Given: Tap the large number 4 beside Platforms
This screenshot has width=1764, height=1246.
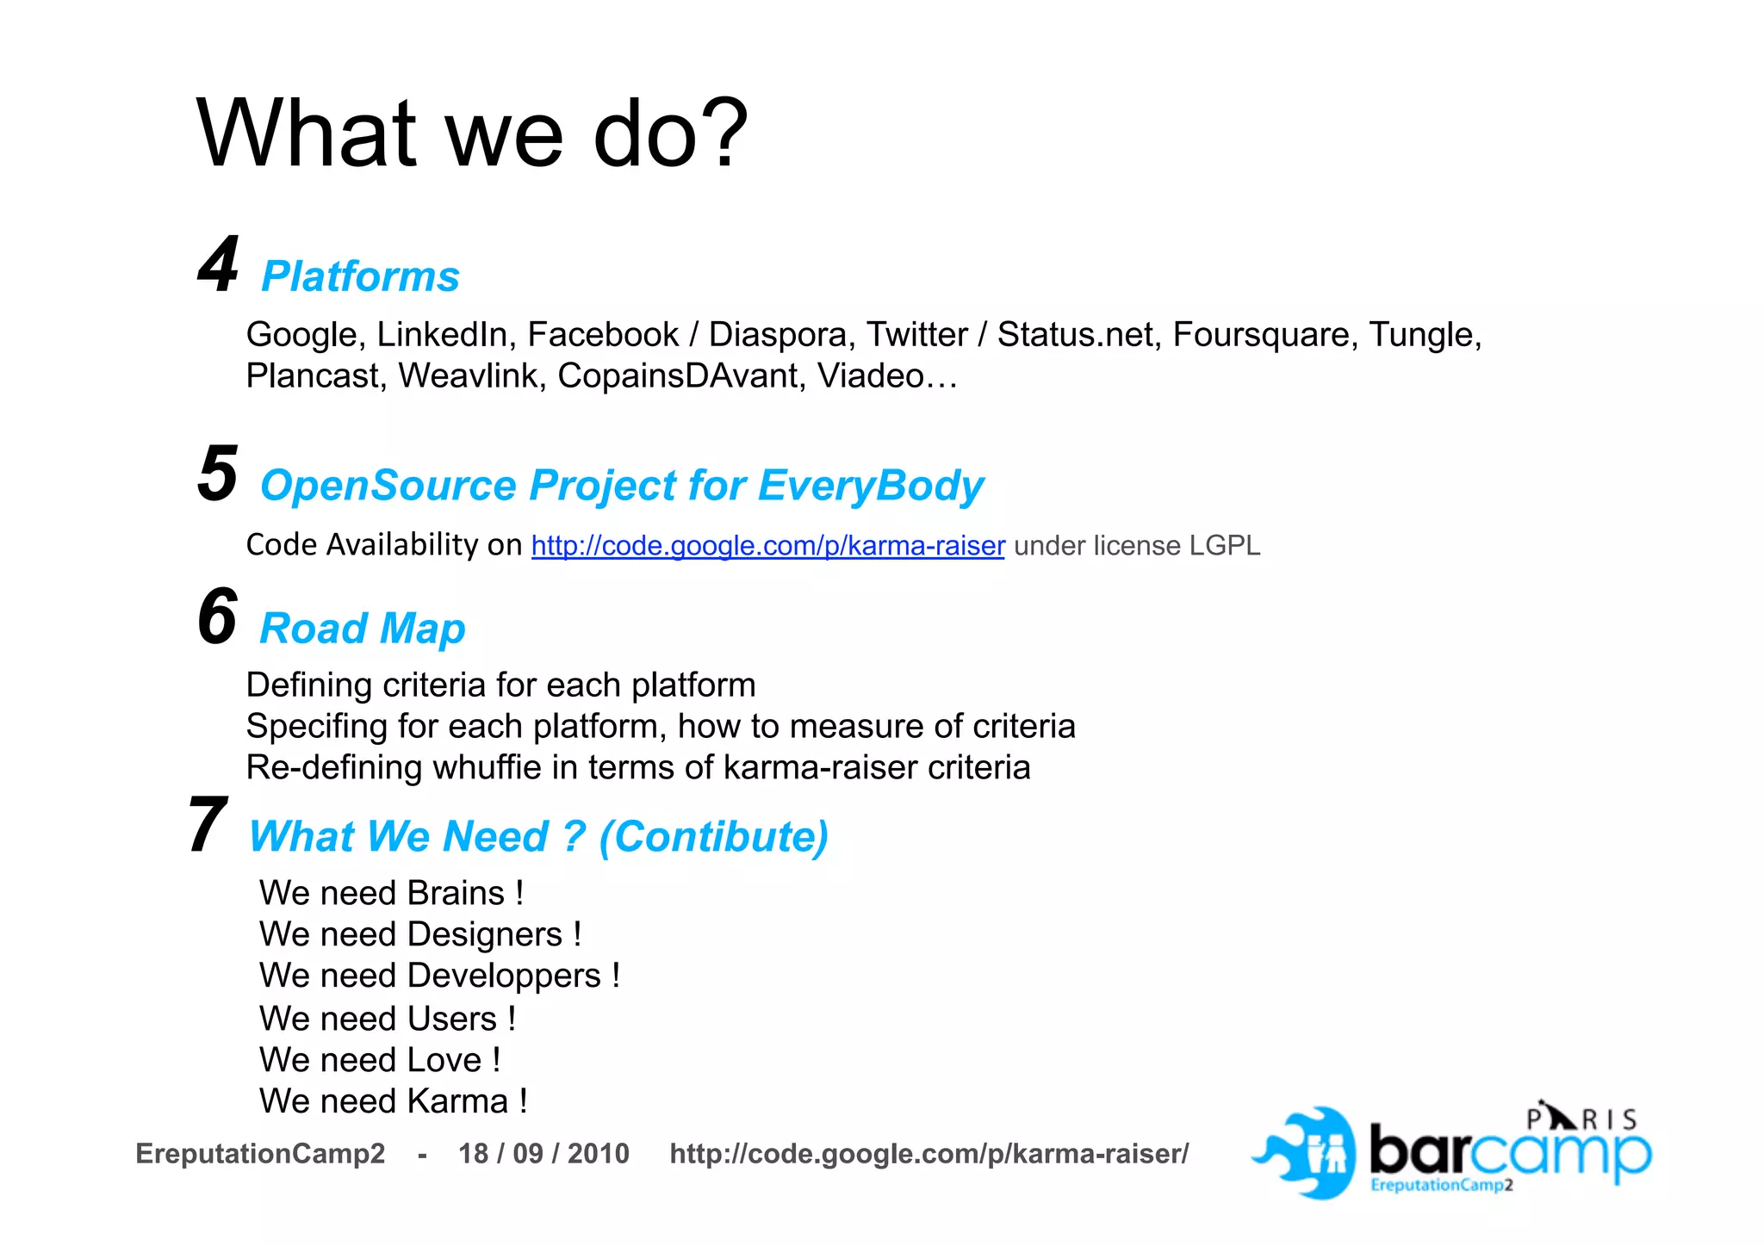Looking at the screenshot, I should point(218,265).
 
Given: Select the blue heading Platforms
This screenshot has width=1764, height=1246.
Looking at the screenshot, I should point(360,277).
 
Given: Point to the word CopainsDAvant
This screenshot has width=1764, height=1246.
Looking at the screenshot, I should point(680,376).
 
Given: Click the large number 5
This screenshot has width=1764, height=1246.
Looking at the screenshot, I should point(217,474).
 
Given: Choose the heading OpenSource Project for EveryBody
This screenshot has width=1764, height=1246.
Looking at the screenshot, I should point(621,486).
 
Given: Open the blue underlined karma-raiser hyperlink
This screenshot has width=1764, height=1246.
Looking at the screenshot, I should point(767,546).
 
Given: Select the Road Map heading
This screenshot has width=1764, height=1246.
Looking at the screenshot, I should point(362,629).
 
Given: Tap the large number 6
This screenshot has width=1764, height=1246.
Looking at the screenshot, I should point(217,617).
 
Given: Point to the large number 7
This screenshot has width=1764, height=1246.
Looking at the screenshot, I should point(208,826).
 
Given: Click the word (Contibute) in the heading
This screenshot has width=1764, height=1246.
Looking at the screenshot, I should point(713,837).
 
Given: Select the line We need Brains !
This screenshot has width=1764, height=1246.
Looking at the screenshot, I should point(391,893).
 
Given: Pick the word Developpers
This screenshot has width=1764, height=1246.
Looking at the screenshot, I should point(504,976).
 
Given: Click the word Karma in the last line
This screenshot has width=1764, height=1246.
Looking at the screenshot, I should point(457,1102).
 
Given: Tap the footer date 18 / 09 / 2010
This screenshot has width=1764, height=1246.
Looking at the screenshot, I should point(543,1154).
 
